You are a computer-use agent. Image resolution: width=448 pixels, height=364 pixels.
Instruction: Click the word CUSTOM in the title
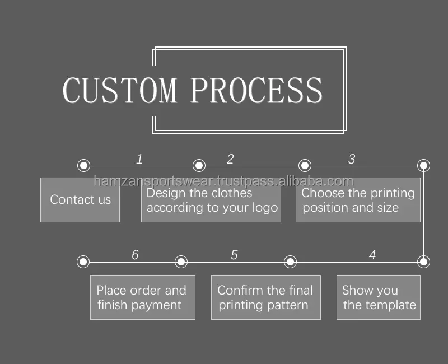pos(119,91)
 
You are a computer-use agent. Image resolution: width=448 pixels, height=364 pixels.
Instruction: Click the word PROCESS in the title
pos(256,91)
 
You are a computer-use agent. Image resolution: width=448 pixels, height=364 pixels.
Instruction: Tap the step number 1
pos(139,159)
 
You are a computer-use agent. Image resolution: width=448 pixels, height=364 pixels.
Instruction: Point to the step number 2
pos(230,159)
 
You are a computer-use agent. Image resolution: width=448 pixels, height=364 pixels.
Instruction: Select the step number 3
pos(352,159)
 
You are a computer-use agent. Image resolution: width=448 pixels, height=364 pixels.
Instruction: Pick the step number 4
pos(372,255)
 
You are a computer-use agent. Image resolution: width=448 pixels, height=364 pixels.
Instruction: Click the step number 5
pos(234,255)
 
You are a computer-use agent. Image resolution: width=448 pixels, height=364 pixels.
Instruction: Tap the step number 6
pos(135,255)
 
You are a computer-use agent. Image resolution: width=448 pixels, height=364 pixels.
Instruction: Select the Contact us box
pos(80,200)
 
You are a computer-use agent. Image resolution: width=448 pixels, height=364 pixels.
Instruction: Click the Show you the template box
pos(379,297)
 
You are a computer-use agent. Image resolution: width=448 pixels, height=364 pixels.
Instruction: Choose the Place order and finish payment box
pos(143,297)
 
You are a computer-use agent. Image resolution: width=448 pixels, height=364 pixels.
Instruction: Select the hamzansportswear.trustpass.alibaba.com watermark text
pos(223,181)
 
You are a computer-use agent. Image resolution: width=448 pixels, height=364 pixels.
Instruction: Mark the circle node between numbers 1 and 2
pos(199,165)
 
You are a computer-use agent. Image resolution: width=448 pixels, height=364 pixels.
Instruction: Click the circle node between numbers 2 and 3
pos(305,165)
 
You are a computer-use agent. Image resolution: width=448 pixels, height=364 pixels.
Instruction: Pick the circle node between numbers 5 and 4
pos(290,262)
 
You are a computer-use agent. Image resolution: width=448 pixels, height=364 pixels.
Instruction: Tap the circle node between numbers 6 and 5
pos(181,262)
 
